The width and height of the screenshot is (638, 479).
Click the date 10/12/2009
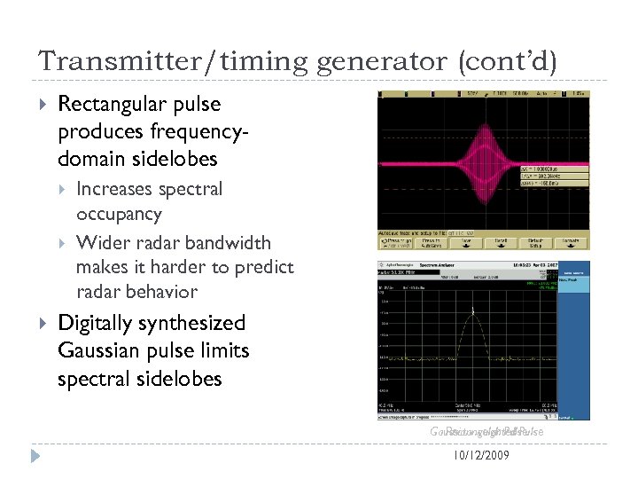click(480, 456)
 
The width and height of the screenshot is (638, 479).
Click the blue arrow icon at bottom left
click(35, 457)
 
